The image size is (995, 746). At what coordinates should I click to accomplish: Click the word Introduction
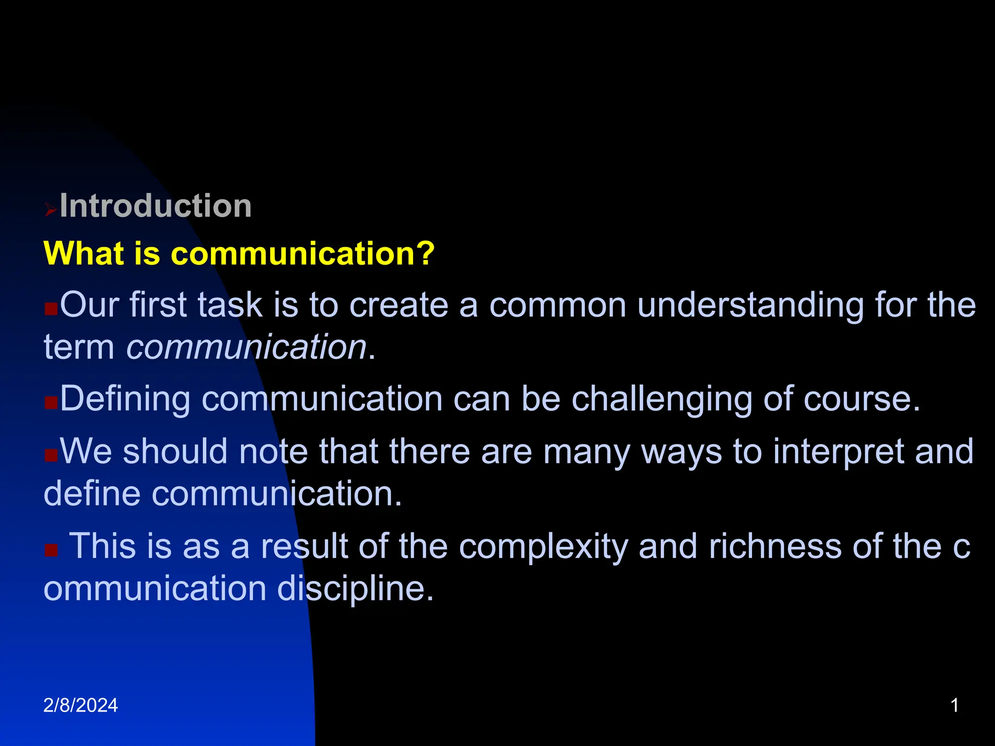click(155, 206)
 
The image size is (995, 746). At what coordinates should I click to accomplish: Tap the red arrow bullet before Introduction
click(51, 210)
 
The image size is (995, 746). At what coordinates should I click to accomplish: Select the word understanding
click(750, 305)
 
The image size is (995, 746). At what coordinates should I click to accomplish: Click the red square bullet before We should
click(51, 455)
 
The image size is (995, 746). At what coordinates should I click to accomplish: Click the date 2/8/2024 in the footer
click(81, 705)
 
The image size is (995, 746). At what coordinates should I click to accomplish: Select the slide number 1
click(954, 705)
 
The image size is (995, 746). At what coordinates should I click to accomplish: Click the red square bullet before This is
click(51, 550)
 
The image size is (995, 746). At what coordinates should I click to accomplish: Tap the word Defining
click(125, 399)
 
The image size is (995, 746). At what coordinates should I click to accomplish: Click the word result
click(304, 546)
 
